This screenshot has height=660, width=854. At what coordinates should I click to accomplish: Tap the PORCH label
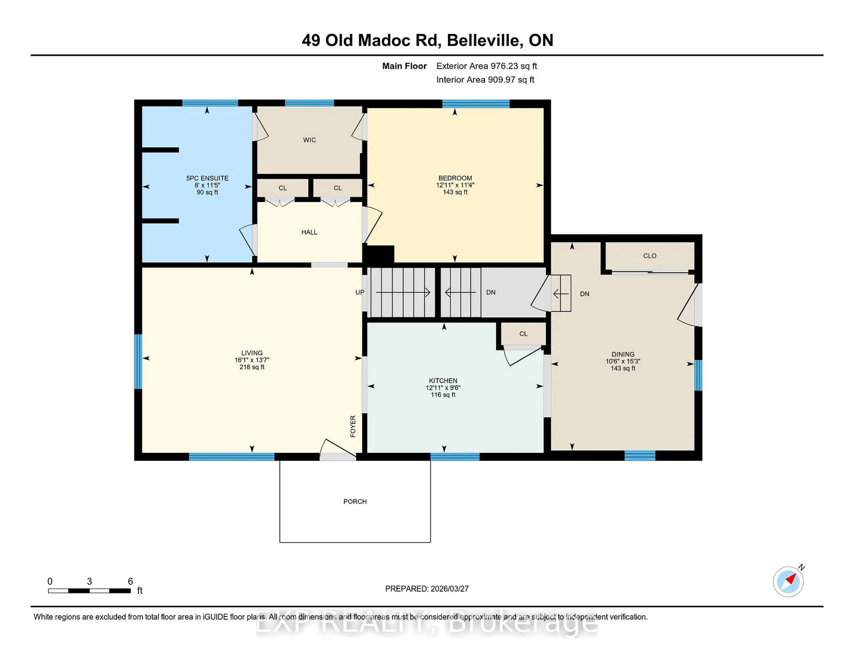[355, 501]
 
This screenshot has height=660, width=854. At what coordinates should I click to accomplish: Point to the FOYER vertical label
[353, 426]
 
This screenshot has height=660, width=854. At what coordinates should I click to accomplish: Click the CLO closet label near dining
[649, 256]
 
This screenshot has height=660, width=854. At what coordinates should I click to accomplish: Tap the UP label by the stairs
[359, 292]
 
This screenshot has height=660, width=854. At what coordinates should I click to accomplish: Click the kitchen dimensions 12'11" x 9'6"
[443, 387]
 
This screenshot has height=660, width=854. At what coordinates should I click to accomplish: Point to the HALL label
[309, 232]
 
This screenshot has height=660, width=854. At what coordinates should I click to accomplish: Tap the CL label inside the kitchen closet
[523, 334]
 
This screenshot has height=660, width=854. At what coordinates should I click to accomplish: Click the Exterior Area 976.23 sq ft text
[486, 66]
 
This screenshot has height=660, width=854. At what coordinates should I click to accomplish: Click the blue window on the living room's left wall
[138, 361]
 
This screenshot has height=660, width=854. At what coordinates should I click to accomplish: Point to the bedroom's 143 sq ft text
[455, 192]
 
